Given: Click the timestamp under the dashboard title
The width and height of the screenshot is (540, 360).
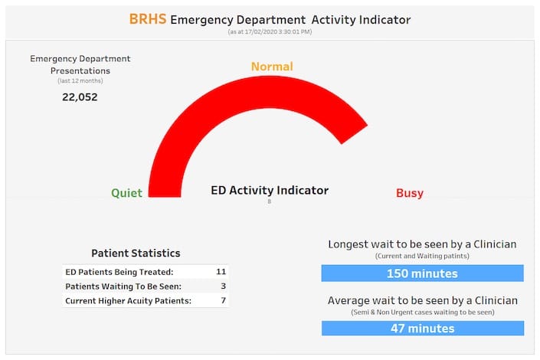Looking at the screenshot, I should pos(270,32).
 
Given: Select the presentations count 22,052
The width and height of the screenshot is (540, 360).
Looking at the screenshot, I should pos(80,97).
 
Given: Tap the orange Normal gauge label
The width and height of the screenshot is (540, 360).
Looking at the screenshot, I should pos(272,67).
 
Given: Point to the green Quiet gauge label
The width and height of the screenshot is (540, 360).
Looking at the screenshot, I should pos(126,193).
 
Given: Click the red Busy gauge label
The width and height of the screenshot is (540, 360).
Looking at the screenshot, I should pos(410,193).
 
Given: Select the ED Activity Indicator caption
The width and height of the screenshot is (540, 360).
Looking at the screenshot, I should pos(270,190).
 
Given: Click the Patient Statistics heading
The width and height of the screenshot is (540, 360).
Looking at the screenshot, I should pos(136,253).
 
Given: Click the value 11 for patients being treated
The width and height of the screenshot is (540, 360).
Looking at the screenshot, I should pos(221,271).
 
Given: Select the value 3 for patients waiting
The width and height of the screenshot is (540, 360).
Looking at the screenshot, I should pos(223,286).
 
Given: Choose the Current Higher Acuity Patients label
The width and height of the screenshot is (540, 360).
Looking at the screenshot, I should pos(128,300).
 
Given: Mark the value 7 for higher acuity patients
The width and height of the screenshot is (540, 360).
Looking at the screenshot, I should pos(223,300).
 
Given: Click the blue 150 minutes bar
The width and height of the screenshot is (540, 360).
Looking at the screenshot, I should pos(422,273).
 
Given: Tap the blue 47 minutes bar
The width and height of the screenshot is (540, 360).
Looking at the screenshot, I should pos(422,328).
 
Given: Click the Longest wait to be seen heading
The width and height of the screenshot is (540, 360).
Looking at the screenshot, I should pos(422,244).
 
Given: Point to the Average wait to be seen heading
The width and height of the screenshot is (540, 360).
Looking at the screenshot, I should pos(422,299).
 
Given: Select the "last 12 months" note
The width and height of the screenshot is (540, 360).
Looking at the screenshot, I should pos(80,80).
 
